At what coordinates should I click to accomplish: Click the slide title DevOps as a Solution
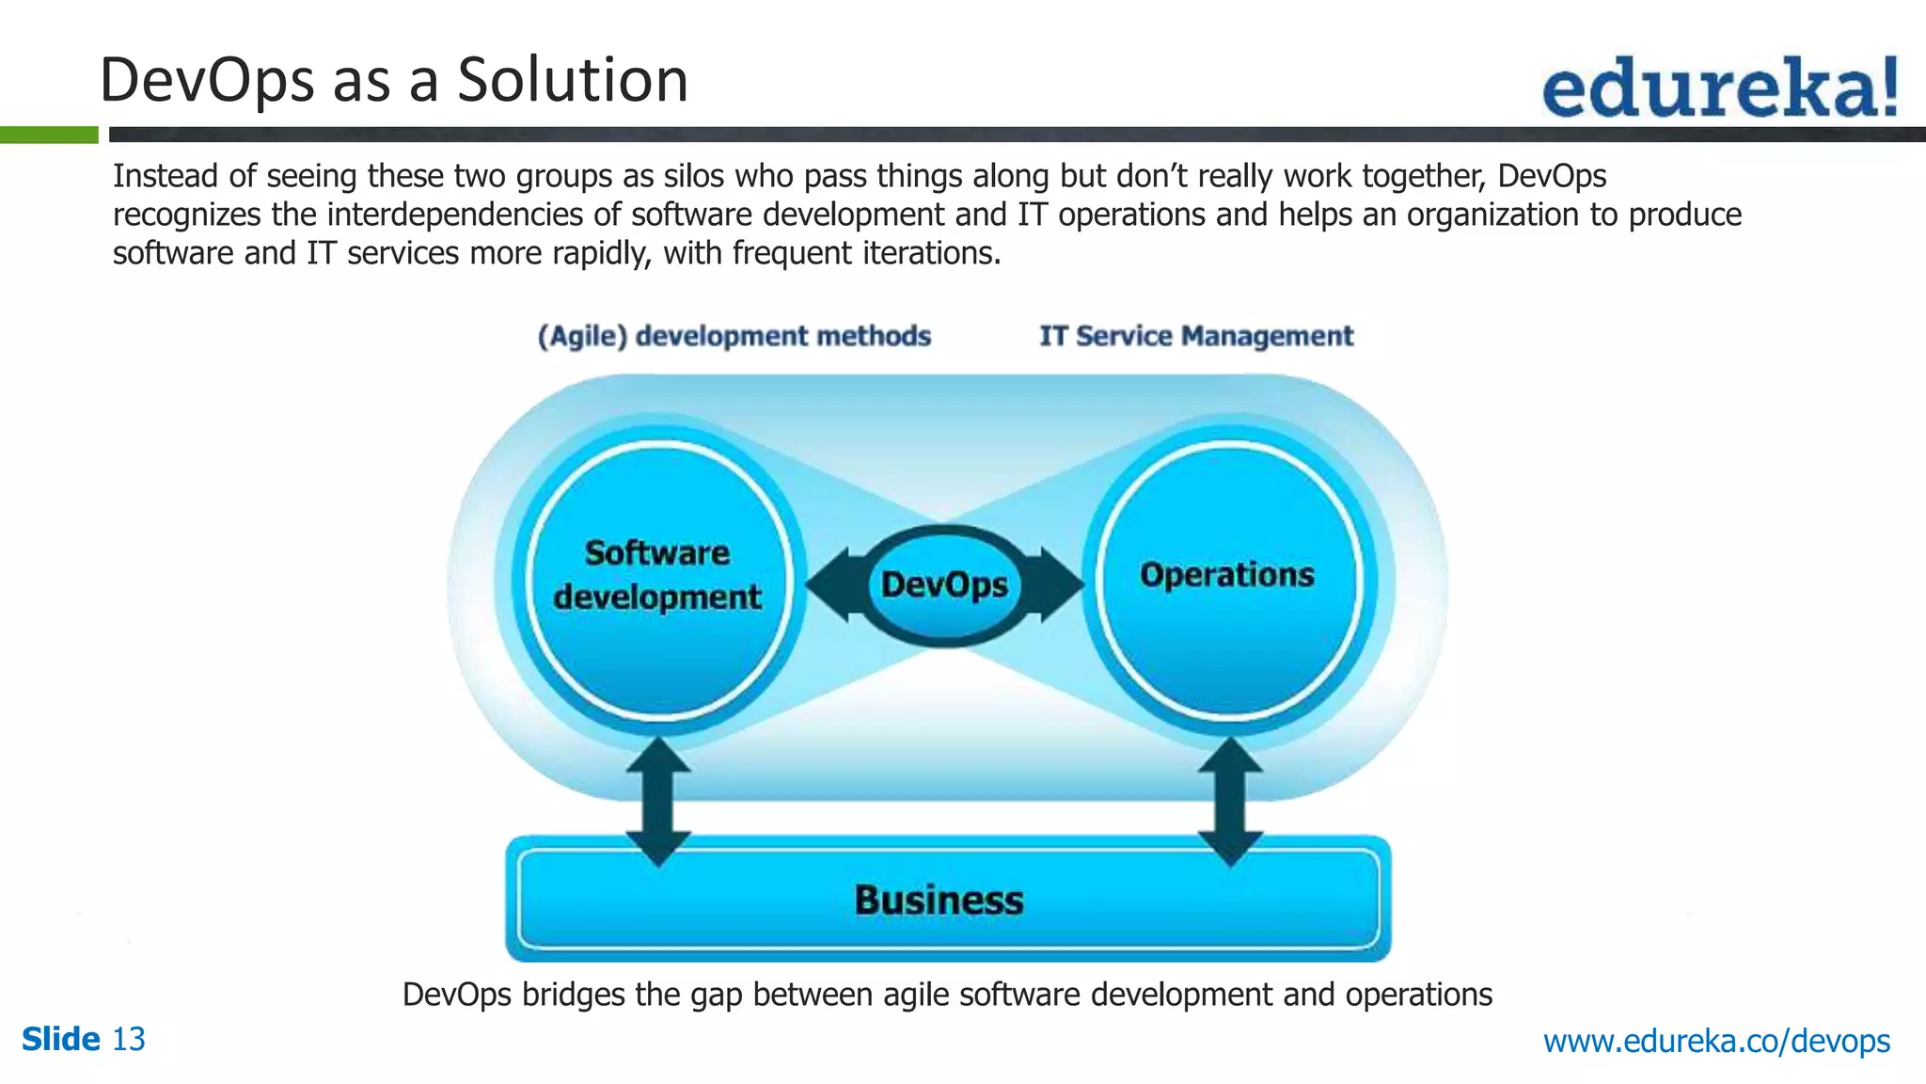pyautogui.click(x=393, y=80)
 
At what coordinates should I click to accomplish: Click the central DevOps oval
pyautogui.click(x=944, y=585)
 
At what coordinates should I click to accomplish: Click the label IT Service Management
pyautogui.click(x=1196, y=336)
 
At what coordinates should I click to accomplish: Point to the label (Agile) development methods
pyautogui.click(x=734, y=336)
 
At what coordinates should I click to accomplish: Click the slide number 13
pyautogui.click(x=129, y=1040)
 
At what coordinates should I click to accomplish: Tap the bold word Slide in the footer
pyautogui.click(x=60, y=1040)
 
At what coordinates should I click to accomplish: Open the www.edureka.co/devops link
pyautogui.click(x=1716, y=1042)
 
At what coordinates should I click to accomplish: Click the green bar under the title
pyautogui.click(x=49, y=135)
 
